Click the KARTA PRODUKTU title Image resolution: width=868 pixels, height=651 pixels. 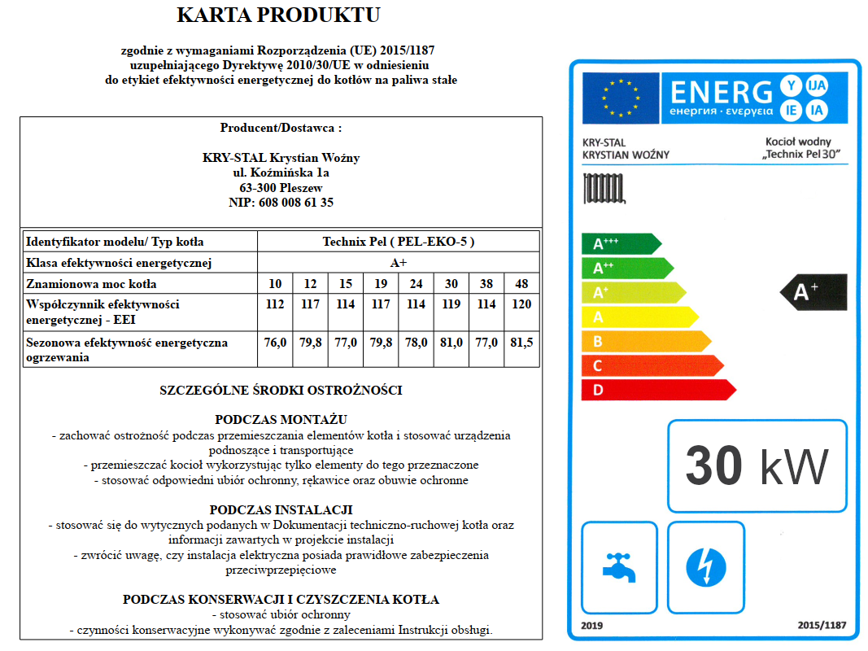click(278, 15)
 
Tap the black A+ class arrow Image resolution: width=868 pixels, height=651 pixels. click(814, 292)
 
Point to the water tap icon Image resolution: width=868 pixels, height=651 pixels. click(619, 566)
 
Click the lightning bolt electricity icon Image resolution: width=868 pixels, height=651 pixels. click(705, 566)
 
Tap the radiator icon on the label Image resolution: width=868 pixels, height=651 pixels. click(604, 190)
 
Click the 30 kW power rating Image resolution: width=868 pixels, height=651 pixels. click(757, 466)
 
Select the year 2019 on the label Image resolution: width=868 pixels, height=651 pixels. click(593, 626)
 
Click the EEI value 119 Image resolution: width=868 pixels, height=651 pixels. click(451, 304)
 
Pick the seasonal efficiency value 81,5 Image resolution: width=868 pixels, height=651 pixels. click(521, 343)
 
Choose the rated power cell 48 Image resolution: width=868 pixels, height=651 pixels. click(521, 284)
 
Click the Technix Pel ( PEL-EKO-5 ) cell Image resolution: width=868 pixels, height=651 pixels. click(398, 242)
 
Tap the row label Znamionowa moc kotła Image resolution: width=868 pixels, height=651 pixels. click(91, 284)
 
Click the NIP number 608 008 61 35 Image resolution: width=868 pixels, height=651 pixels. click(281, 203)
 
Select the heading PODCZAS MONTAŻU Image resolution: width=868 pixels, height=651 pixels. click(281, 419)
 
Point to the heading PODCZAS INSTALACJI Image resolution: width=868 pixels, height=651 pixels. click(281, 509)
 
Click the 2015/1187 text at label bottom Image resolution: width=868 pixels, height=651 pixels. click(822, 626)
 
